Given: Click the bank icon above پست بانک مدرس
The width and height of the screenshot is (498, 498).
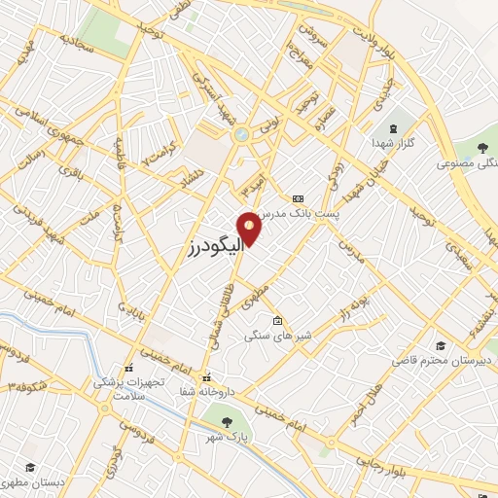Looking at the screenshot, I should click(298, 197).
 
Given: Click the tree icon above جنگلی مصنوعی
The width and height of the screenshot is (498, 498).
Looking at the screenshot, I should click(482, 148).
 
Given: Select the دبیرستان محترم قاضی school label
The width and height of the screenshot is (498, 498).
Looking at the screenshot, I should click(444, 360).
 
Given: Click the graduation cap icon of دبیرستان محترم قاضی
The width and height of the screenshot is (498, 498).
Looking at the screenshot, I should click(441, 345).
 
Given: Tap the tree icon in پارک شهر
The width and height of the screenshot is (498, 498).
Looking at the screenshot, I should click(226, 422).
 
